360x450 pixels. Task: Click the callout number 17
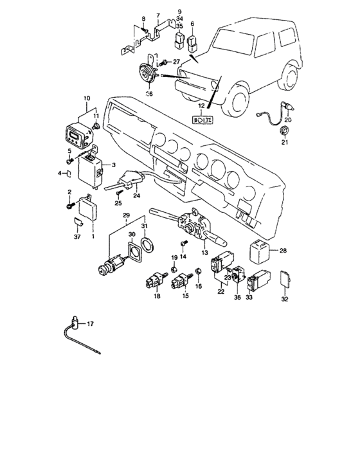click(90, 325)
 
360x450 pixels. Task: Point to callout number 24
click(136, 196)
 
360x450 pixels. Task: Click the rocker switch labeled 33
click(263, 279)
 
